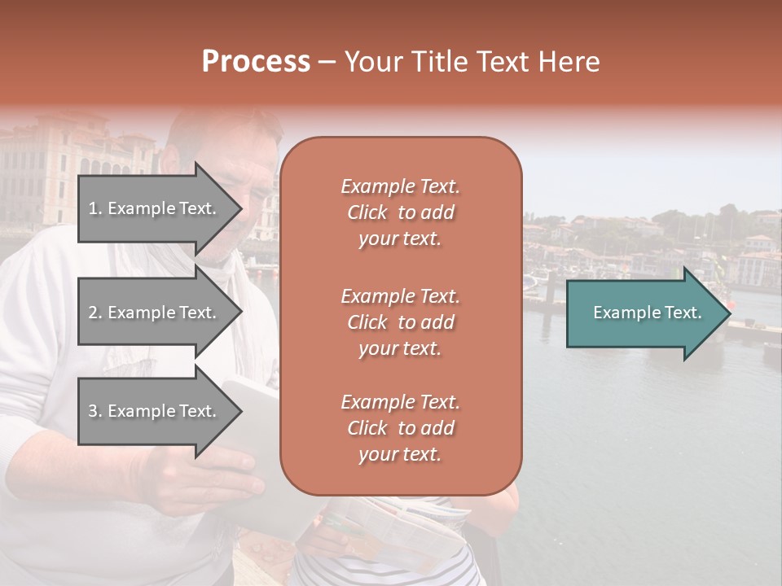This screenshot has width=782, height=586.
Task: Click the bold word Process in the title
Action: pos(256,62)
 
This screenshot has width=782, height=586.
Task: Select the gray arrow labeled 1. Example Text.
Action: pos(155,208)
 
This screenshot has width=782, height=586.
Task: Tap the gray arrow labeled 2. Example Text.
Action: pos(155,313)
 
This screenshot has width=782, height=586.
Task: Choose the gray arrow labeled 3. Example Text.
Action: pos(155,411)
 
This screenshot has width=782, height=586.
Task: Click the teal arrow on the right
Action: pos(644,313)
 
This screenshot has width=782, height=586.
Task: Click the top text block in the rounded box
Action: pos(400,212)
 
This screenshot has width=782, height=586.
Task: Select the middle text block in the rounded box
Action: pos(400,321)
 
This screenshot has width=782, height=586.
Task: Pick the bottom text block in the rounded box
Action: pos(400,428)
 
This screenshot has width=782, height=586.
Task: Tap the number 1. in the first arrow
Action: pos(95,208)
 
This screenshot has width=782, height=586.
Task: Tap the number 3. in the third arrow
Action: pos(95,411)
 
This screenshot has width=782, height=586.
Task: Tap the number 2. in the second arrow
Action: pos(95,313)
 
